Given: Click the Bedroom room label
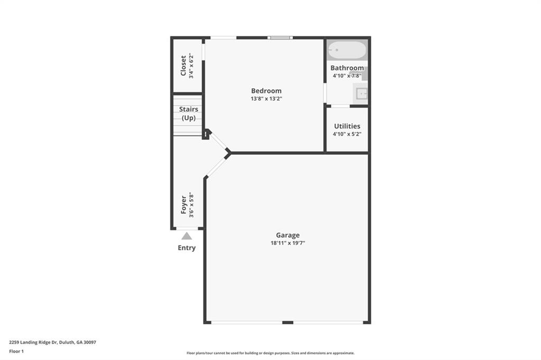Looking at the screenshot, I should [x=266, y=91].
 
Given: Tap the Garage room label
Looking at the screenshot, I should [x=287, y=235].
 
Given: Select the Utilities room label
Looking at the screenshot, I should [x=347, y=126].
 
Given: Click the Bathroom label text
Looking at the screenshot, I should [x=347, y=68].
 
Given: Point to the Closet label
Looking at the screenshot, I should [x=183, y=66].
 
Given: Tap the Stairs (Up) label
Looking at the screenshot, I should [x=189, y=113].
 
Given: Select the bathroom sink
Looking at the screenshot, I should [x=362, y=94].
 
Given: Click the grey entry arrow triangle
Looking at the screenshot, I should [x=186, y=236].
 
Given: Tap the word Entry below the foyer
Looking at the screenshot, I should [x=186, y=248].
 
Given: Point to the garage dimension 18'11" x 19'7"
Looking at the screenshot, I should [x=287, y=243].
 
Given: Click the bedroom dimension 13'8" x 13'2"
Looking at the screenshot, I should [x=266, y=99].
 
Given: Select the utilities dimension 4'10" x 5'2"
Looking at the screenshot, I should [x=347, y=134].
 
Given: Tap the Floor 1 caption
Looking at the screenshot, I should [x=16, y=351].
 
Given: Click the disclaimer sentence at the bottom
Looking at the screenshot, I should [x=270, y=353].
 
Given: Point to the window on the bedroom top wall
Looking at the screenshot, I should [x=280, y=37].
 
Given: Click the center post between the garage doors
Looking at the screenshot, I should [x=287, y=322].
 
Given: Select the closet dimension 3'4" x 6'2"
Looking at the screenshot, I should [x=191, y=66].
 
